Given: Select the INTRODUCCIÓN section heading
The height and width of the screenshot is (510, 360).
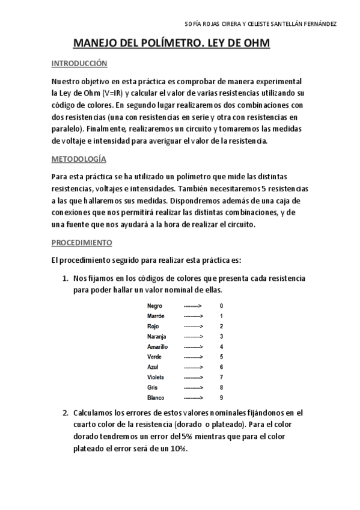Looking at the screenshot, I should [x=79, y=63].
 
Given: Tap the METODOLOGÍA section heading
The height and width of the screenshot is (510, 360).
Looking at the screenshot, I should [x=79, y=159].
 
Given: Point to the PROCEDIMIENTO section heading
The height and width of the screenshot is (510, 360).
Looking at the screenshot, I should [x=82, y=243].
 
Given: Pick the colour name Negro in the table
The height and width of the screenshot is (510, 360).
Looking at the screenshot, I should [x=154, y=306].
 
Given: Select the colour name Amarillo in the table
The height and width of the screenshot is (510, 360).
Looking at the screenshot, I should [x=157, y=347].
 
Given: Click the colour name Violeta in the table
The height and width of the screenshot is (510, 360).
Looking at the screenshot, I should [x=156, y=378].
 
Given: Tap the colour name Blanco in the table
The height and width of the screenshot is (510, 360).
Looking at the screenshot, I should [x=156, y=398].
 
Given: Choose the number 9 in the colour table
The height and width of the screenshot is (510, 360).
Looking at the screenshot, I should [x=222, y=398].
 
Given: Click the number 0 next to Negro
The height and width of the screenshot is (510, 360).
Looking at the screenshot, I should [x=222, y=306].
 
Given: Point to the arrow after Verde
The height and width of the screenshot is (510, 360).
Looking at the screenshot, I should [x=194, y=357].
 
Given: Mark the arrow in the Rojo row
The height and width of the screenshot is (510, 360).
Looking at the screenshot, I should [x=194, y=327].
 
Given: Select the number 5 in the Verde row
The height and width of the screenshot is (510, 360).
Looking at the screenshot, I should [x=222, y=357].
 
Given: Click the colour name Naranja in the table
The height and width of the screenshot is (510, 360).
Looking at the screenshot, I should [x=156, y=337].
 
